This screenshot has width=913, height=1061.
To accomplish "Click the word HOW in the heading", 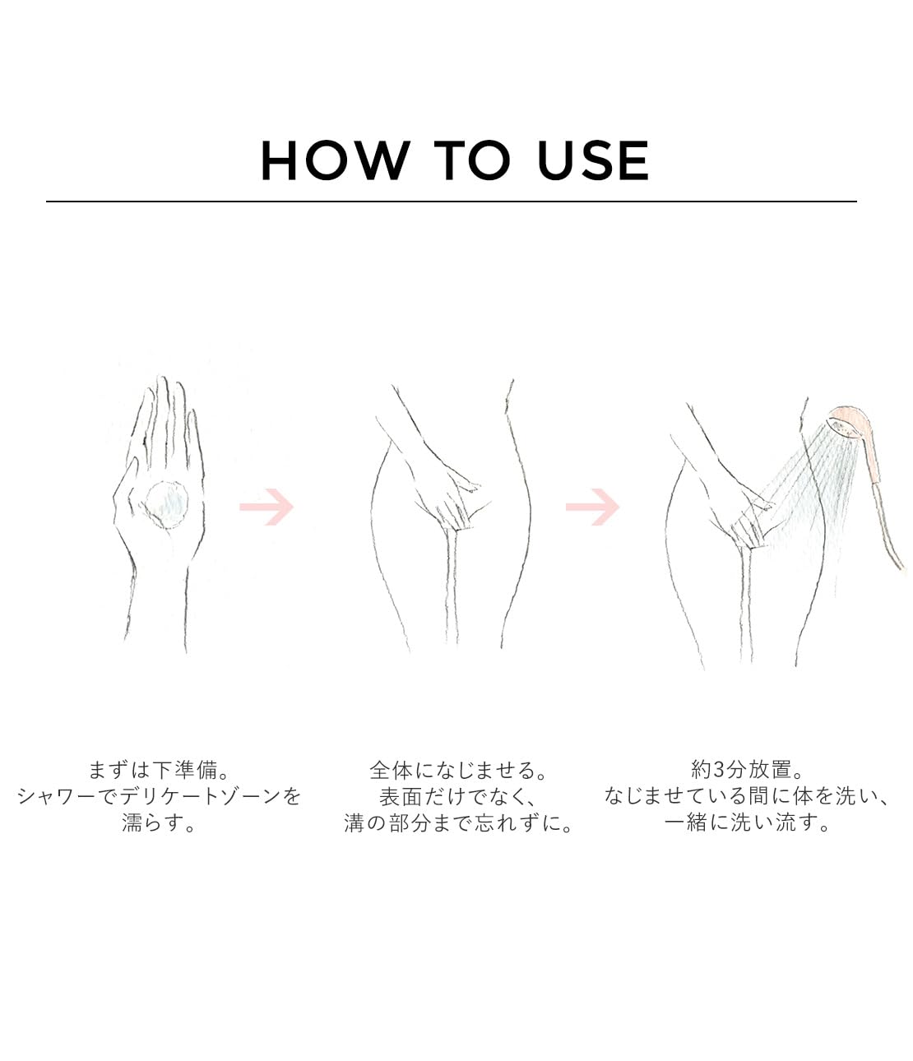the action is click(336, 160).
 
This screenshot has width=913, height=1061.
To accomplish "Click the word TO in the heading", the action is click(472, 160).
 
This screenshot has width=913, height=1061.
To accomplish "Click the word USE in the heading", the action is click(593, 160).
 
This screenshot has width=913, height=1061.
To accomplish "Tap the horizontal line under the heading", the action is click(451, 202).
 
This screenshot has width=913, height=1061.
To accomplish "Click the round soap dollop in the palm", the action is click(167, 505).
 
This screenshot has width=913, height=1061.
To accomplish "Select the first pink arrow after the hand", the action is click(266, 507).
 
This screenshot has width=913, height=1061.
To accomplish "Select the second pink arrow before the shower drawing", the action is click(593, 507).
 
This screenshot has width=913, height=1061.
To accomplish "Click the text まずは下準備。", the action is click(159, 770).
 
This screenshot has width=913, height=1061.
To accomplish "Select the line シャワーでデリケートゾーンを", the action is click(159, 796).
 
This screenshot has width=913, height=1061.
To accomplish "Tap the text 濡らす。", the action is click(159, 822).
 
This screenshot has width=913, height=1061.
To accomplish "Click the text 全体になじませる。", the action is click(458, 770).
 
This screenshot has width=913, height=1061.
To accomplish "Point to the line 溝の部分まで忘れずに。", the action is click(458, 822).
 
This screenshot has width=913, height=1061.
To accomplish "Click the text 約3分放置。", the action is click(747, 769).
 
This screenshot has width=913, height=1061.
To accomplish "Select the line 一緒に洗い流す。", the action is click(747, 822).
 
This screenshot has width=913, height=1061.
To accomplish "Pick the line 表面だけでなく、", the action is click(458, 796).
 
